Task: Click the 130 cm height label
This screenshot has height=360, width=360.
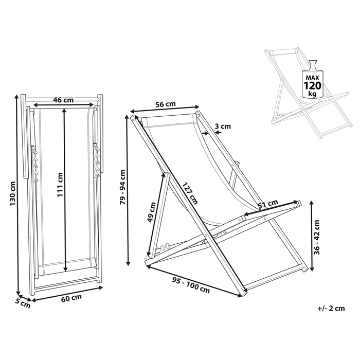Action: [13, 193]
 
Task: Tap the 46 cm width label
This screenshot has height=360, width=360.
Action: [63, 100]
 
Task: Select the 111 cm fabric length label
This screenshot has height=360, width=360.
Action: [60, 185]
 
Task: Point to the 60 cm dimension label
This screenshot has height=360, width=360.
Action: [71, 298]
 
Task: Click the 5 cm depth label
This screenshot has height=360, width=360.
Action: [23, 304]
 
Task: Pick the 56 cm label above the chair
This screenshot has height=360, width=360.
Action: [166, 104]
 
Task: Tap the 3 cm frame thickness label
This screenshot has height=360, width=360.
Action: [223, 127]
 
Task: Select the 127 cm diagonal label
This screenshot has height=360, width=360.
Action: [190, 193]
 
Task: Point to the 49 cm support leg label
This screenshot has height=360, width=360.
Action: [152, 212]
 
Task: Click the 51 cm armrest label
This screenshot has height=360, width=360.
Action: [268, 204]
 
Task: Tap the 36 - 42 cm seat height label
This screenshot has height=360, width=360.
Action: [317, 237]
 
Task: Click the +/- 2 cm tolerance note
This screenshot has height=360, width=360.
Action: [331, 309]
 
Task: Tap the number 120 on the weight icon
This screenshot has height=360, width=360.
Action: [312, 85]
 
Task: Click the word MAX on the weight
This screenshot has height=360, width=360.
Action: [312, 78]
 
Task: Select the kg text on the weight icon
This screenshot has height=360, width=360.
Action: [312, 94]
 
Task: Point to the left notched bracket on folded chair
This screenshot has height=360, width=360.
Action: [34, 163]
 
